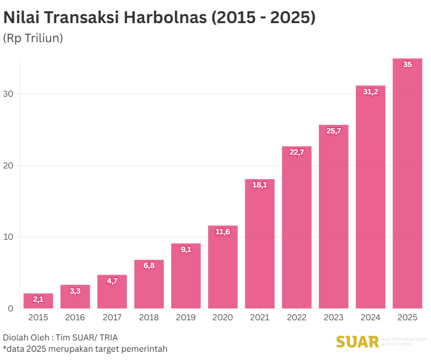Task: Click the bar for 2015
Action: click(x=38, y=301)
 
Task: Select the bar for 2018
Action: click(x=149, y=285)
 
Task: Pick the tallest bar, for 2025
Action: click(x=407, y=184)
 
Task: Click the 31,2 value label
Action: click(x=371, y=92)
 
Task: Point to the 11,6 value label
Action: click(x=223, y=232)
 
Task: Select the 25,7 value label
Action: click(x=334, y=131)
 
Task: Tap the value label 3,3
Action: click(x=75, y=291)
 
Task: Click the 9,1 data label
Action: click(x=186, y=250)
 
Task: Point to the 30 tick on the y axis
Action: click(x=8, y=94)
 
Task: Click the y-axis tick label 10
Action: click(x=8, y=237)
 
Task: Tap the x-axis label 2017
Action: click(x=112, y=318)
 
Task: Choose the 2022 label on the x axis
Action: click(x=296, y=318)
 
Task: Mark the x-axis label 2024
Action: click(x=371, y=318)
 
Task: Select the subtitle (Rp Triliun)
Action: click(x=33, y=39)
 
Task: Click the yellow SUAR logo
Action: click(x=357, y=342)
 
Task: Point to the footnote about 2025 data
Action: click(x=85, y=349)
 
